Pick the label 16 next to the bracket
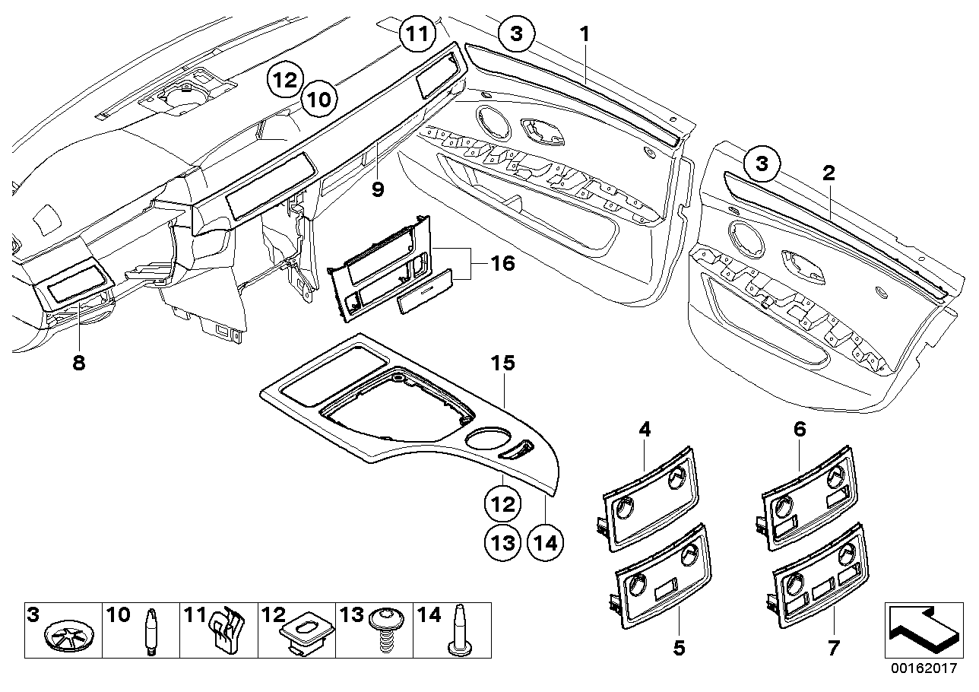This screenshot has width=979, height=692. [x=502, y=264]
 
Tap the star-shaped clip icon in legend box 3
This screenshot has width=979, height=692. [x=64, y=636]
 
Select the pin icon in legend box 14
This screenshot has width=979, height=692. [x=461, y=630]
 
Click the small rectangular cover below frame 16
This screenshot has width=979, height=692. [x=426, y=293]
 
